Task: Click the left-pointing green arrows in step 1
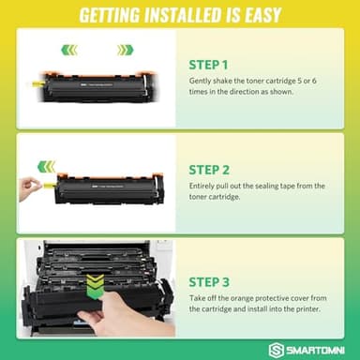coord(67,50)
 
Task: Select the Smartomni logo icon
coord(276,347)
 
